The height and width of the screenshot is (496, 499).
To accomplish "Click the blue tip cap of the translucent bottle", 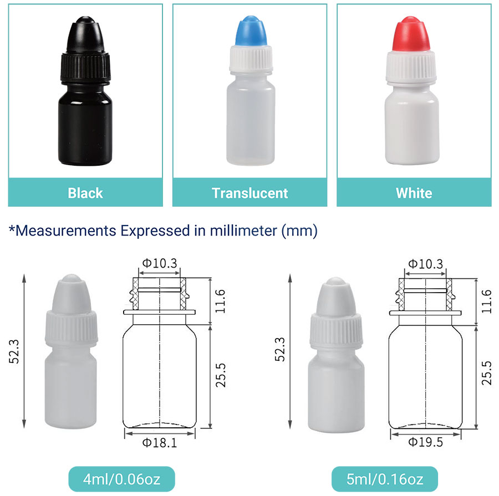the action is (251, 30).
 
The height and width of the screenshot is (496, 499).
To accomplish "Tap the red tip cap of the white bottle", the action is (411, 33).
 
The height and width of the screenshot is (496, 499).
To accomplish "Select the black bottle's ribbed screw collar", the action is (85, 67).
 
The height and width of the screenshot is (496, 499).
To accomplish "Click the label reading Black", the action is (85, 193).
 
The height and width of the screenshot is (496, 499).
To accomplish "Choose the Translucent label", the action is (250, 193).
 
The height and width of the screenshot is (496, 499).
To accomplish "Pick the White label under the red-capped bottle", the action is (414, 193).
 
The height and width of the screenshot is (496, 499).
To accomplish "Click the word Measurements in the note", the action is (66, 231).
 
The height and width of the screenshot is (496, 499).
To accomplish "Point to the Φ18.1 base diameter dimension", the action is (160, 443).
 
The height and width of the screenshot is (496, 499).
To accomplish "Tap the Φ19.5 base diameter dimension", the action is (425, 442).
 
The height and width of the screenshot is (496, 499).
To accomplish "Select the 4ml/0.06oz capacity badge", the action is (121, 479).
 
